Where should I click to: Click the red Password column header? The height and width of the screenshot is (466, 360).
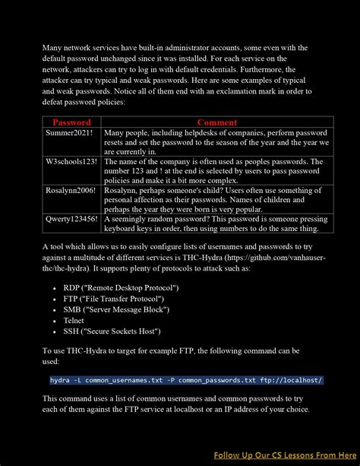tap(71, 122)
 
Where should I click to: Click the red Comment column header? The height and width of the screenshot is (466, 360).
tap(217, 122)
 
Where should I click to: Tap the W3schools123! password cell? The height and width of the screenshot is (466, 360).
tap(71, 161)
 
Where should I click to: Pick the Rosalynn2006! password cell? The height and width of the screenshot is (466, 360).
tap(71, 190)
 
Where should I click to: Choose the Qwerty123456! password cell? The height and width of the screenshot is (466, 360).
tap(71, 219)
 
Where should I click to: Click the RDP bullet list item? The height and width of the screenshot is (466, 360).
tap(121, 288)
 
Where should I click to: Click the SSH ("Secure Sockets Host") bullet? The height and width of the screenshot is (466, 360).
tap(120, 331)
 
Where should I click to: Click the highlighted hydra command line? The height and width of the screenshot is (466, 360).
tap(186, 380)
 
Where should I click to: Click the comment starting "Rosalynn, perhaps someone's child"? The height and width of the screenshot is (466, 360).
tap(216, 195)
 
